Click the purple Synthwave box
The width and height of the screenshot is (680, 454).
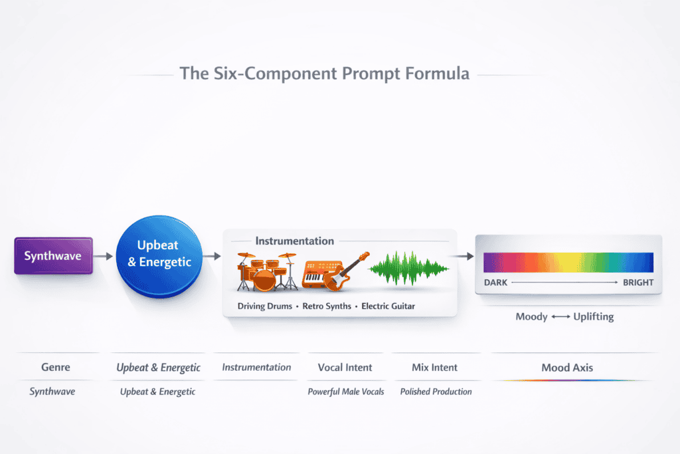[x=54, y=255]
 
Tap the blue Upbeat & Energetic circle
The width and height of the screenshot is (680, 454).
[x=159, y=255]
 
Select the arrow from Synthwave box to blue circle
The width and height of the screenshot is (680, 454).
[x=104, y=255]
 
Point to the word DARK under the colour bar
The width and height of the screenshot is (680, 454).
[x=495, y=283]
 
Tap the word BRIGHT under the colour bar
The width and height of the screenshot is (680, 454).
[x=638, y=283]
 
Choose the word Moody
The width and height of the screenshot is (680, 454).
[x=531, y=316]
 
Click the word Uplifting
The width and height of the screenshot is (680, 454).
[x=594, y=316]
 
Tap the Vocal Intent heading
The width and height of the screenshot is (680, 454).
[x=345, y=367]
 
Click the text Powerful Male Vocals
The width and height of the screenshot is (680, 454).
[x=345, y=392]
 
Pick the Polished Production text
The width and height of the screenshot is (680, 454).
[x=436, y=392]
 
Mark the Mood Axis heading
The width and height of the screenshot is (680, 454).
[x=567, y=367]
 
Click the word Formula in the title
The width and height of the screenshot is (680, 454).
[x=436, y=74]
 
